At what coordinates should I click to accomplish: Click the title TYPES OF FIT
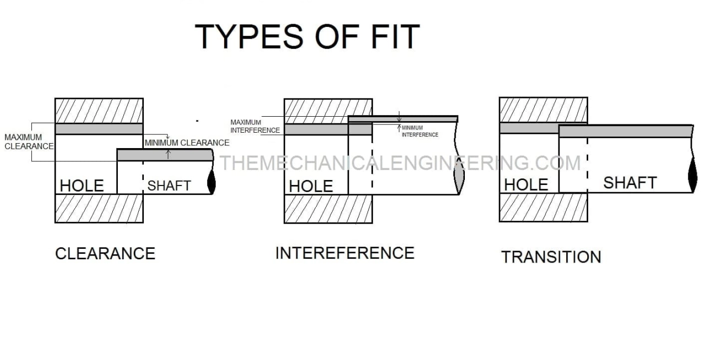click(x=307, y=36)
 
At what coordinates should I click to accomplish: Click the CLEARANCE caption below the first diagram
click(x=105, y=253)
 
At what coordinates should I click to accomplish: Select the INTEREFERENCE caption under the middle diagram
click(x=345, y=253)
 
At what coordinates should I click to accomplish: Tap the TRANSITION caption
click(x=551, y=257)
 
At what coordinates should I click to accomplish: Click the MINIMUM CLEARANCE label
click(x=187, y=143)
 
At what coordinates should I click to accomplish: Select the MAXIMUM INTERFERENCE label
click(x=254, y=126)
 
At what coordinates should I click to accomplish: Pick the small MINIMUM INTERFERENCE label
click(x=420, y=131)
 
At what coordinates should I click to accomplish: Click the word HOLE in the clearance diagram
click(x=82, y=186)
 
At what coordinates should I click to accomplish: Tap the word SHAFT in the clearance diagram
click(x=169, y=186)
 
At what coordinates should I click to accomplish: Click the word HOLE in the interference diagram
click(x=311, y=186)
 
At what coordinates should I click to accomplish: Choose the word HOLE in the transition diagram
click(x=526, y=184)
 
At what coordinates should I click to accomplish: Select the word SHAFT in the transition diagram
click(x=630, y=183)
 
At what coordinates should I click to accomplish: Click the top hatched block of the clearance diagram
click(x=99, y=111)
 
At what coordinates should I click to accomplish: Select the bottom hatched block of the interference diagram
click(x=328, y=209)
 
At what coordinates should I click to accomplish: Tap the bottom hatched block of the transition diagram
click(x=543, y=208)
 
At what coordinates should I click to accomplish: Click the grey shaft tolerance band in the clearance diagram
click(x=165, y=155)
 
